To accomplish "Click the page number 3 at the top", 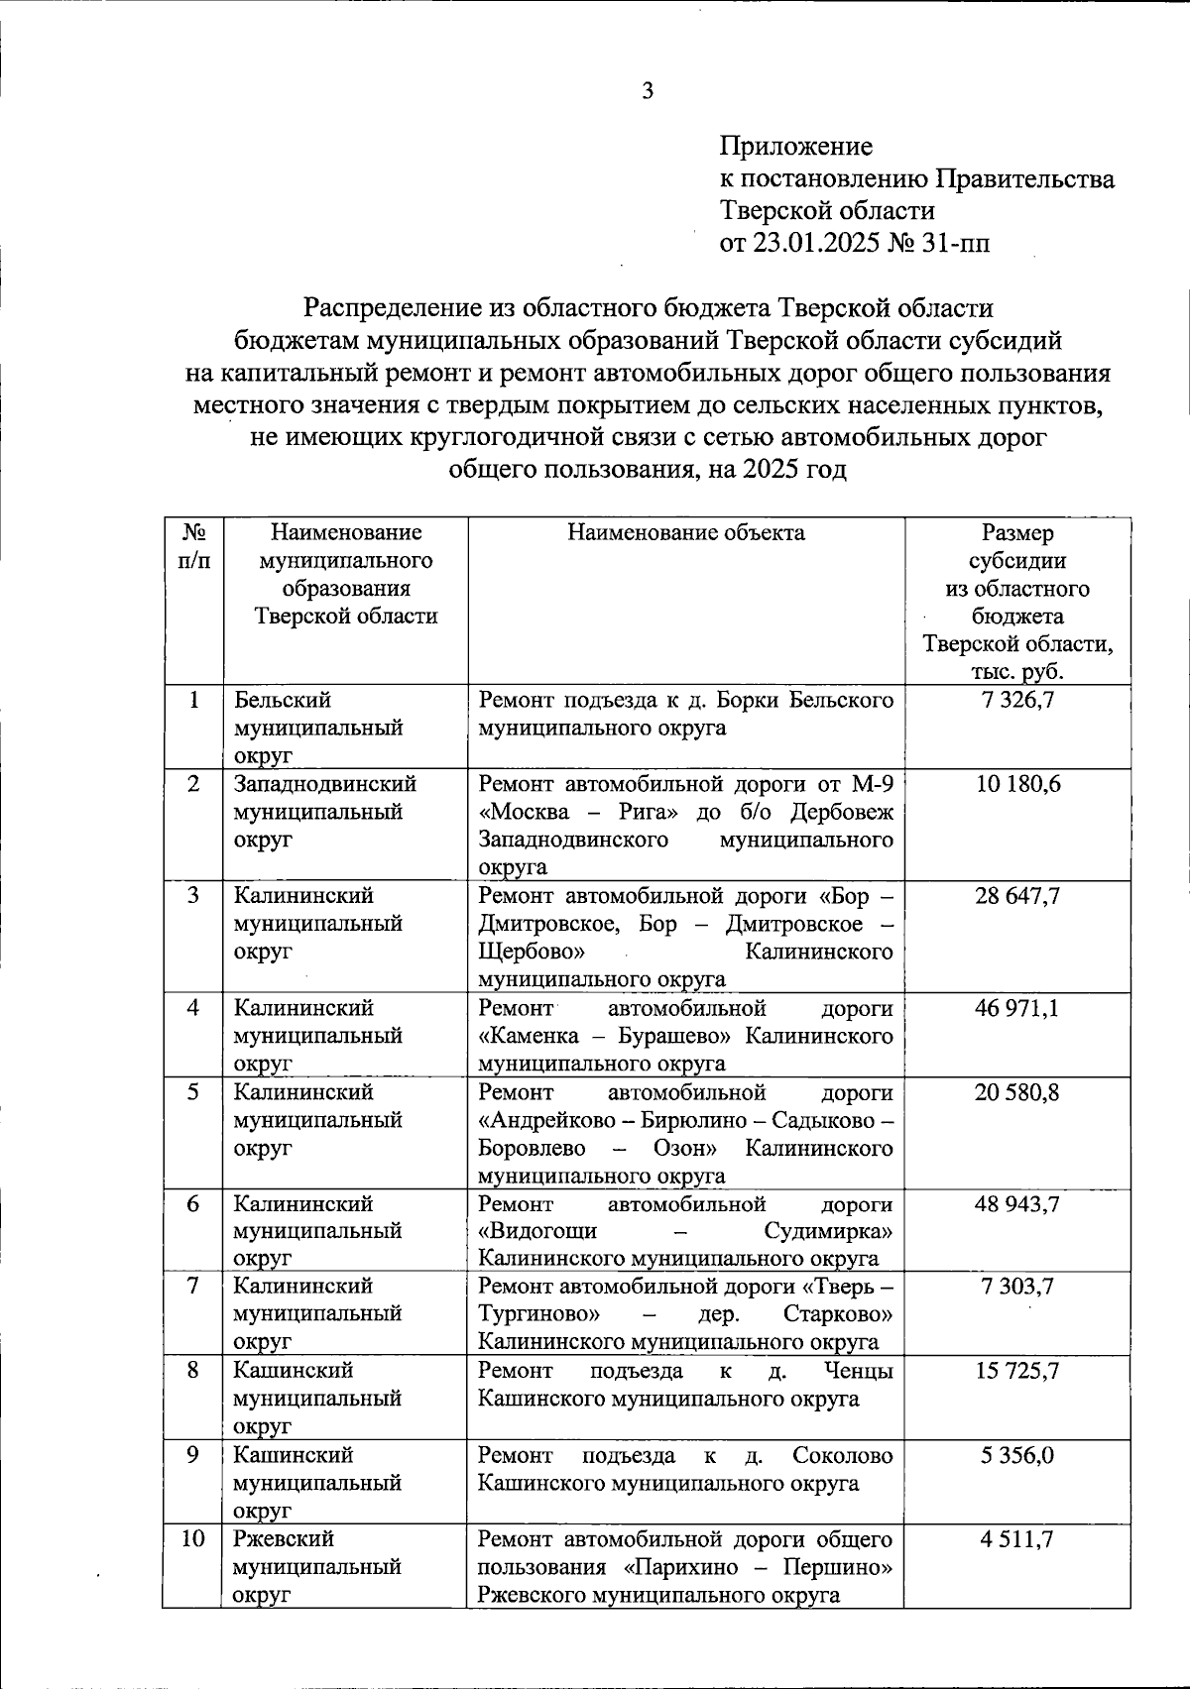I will (648, 92).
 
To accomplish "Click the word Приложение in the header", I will (796, 147).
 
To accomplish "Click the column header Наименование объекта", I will (686, 533).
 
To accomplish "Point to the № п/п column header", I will (194, 546).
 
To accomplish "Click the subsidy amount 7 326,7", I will (1017, 701).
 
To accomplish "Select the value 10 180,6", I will (1017, 784).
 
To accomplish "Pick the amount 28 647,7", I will (1017, 896).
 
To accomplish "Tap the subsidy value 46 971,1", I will (1017, 1008).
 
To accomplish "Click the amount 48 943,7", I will (1017, 1204).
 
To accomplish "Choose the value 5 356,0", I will (1017, 1456).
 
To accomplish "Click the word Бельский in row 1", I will (283, 700).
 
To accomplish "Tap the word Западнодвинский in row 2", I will (325, 784).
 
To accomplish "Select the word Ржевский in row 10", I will (285, 1539).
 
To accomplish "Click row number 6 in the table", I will (194, 1204).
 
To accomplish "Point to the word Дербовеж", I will (842, 812).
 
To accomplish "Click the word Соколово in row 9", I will (842, 1455).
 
